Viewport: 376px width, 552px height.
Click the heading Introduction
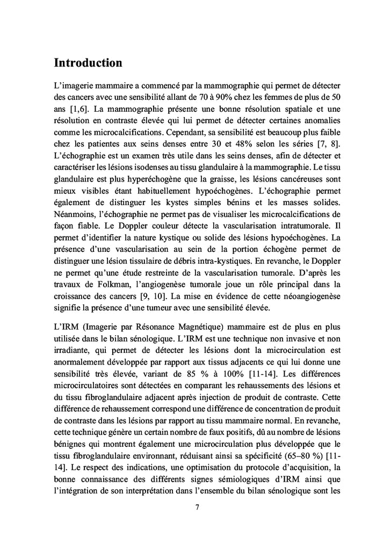(88, 63)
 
